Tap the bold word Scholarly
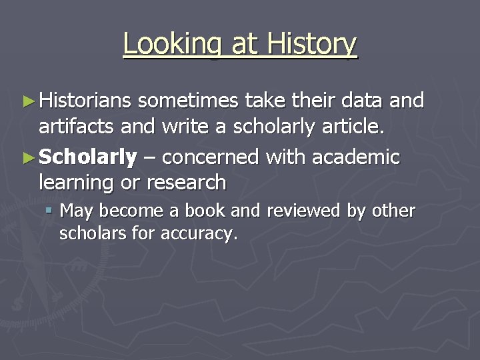point(88,158)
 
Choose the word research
point(186,182)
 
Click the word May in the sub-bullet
point(75,212)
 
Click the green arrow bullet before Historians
point(28,101)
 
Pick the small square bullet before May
point(50,211)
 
